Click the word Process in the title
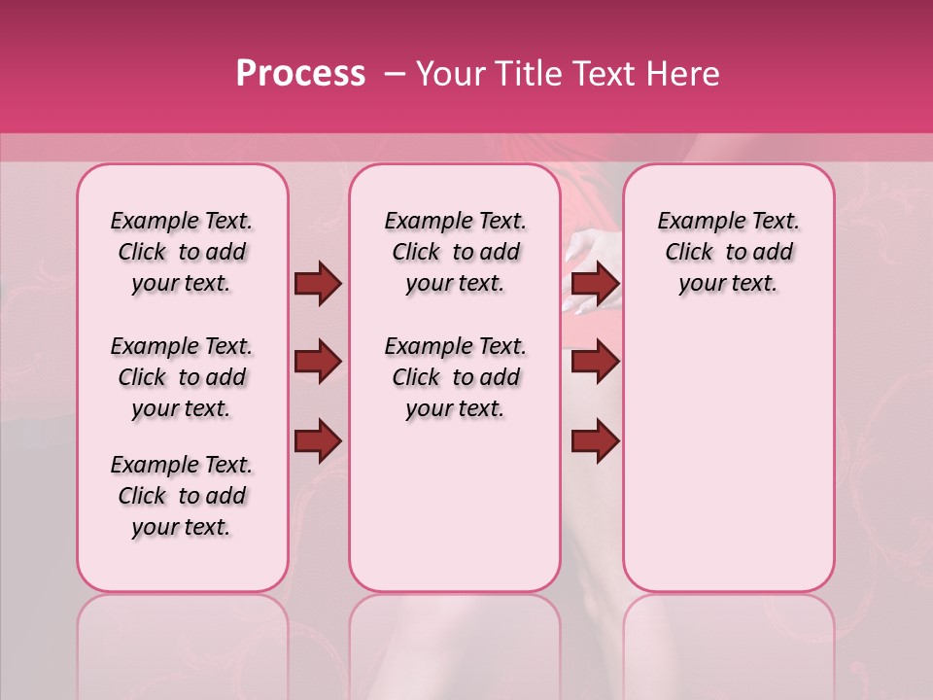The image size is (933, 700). tap(300, 74)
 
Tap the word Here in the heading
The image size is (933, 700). tap(684, 74)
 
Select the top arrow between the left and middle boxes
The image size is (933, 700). tap(318, 283)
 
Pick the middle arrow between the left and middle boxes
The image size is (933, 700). tap(318, 363)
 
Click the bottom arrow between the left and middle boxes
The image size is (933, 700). tap(318, 440)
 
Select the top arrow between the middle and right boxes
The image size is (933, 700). tap(596, 283)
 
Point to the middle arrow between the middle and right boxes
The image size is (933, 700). tap(596, 363)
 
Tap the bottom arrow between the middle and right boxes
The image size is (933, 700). tap(596, 440)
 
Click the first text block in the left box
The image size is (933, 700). tap(182, 252)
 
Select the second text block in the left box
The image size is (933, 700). tap(182, 377)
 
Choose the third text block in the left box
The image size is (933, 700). tap(182, 496)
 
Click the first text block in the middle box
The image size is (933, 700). tap(455, 252)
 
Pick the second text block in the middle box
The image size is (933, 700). tap(455, 377)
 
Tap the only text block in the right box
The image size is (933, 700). tap(728, 252)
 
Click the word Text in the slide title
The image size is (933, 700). tap(601, 74)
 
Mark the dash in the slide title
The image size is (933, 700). tap(395, 74)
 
